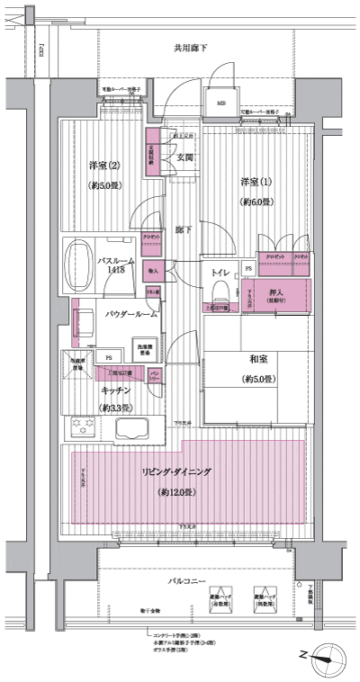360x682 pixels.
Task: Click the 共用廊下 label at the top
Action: point(191,47)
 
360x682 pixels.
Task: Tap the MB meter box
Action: point(221,103)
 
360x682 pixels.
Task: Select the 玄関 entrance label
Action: point(185,157)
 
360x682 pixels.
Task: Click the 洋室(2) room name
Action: point(104,166)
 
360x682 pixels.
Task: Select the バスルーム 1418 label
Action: point(117,265)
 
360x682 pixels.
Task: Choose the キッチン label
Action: point(117,390)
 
